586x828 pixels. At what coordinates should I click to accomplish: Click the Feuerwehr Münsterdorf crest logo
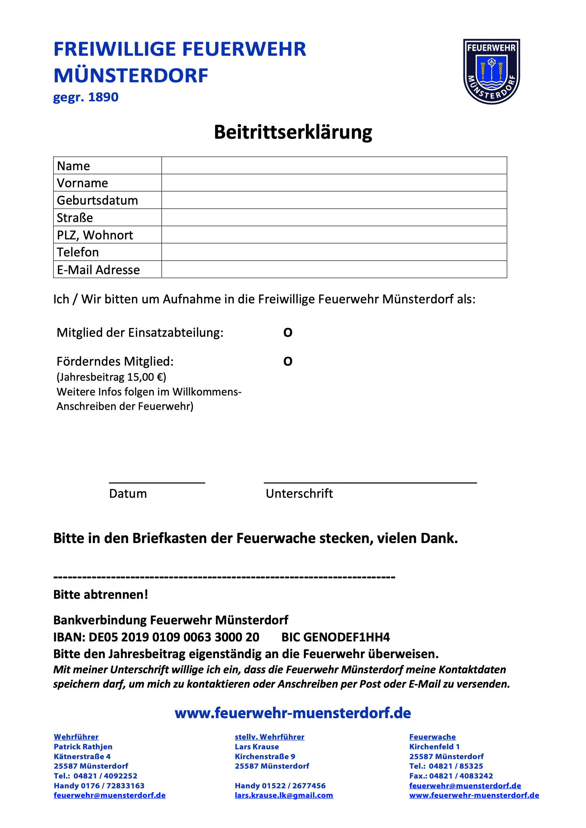coord(491,71)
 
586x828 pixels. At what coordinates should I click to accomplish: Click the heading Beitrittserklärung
coord(293,132)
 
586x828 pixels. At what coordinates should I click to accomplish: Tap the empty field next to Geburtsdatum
coord(334,200)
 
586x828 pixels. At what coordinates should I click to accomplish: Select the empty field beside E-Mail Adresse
coord(334,270)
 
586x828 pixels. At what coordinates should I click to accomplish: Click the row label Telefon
coord(78,252)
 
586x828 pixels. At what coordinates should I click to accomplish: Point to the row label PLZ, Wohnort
coord(95,235)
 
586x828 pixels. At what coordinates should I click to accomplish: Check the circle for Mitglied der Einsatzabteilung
coord(288,333)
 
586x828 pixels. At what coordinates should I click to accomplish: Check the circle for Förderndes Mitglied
coord(288,361)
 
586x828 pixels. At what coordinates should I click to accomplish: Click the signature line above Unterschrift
coord(370,481)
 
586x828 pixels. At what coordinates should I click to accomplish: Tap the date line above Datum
coord(157,481)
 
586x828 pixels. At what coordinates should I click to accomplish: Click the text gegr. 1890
coord(86,97)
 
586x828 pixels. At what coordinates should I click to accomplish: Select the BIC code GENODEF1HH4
coord(347,637)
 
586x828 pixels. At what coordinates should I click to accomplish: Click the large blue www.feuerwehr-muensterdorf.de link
coord(293,713)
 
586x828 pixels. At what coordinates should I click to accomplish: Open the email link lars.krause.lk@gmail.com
coord(284,795)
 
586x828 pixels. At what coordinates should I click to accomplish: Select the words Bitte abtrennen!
coord(101,595)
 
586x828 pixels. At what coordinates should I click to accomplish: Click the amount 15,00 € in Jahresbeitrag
coord(145,377)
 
